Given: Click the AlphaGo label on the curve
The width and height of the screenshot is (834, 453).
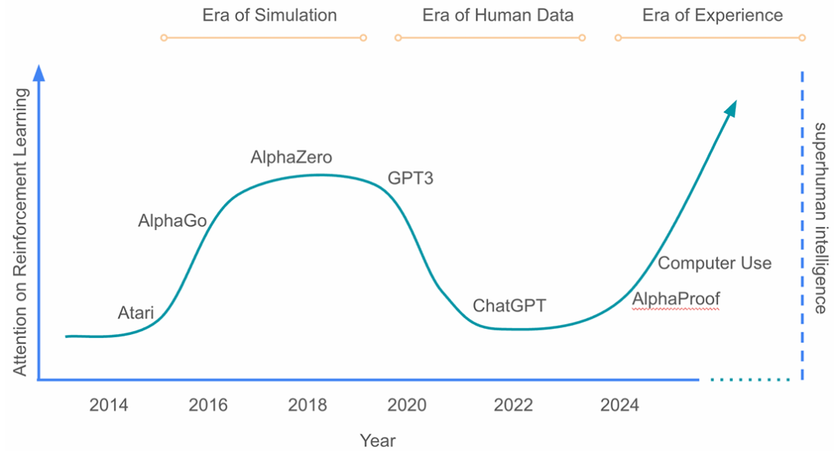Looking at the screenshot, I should tap(172, 221).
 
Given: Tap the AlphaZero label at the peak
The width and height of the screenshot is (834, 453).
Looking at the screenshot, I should tap(291, 157).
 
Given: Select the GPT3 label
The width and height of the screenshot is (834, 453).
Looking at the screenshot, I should tap(410, 179).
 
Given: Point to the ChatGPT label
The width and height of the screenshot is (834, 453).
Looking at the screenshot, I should tap(509, 306).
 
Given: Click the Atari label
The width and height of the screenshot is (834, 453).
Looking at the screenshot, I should tap(136, 313).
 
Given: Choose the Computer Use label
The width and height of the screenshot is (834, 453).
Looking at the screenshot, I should tap(714, 263).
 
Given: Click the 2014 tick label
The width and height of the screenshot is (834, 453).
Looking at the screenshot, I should tap(108, 405).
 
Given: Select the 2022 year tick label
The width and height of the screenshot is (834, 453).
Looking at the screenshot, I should tap(514, 405).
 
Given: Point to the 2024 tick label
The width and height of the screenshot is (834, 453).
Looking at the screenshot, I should tap(619, 405).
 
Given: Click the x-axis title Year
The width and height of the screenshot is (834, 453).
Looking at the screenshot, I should tap(378, 441).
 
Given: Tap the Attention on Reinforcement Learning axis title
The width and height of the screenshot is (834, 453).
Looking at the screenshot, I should tap(21, 232).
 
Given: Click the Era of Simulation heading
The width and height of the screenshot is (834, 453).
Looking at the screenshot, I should tap(270, 15).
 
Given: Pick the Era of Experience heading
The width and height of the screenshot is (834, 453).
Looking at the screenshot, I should tap(712, 15).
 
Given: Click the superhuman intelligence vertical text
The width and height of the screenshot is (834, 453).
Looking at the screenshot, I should tap(820, 218).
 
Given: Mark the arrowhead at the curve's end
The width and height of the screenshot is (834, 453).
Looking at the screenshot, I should tap(731, 107).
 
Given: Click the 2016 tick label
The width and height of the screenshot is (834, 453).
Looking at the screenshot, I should tap(207, 405).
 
